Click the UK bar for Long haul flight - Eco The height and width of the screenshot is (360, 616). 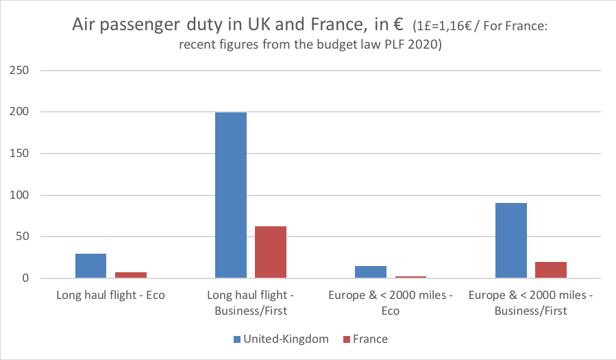pyautogui.click(x=90, y=266)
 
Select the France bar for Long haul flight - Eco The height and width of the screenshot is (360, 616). pyautogui.click(x=130, y=275)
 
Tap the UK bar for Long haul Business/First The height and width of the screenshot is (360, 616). pyautogui.click(x=230, y=195)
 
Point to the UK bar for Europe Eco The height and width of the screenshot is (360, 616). pyautogui.click(x=371, y=272)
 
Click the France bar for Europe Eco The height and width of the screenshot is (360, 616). pyautogui.click(x=410, y=277)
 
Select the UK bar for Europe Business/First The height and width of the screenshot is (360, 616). pyautogui.click(x=510, y=241)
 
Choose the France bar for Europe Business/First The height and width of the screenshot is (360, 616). pyautogui.click(x=550, y=270)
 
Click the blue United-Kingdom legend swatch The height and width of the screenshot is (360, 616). pyautogui.click(x=237, y=339)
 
